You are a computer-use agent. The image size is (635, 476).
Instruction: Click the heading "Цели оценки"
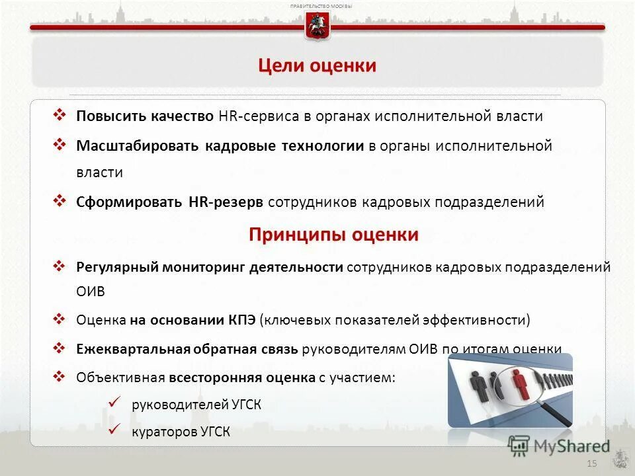point(317,65)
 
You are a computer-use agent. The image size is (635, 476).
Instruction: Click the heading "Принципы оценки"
point(333,235)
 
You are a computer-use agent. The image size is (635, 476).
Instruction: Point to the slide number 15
point(591,464)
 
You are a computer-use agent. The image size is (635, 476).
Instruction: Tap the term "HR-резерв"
point(226,202)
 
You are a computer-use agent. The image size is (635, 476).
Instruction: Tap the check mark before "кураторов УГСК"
point(113,430)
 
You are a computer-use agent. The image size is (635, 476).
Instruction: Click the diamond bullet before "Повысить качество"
point(59,115)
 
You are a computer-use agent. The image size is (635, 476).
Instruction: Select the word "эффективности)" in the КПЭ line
point(479,320)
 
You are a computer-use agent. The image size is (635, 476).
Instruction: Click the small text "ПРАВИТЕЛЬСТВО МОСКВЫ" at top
point(321,6)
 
